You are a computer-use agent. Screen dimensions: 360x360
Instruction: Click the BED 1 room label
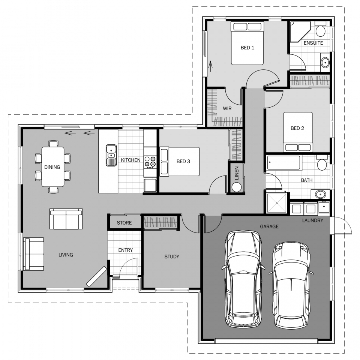click(247, 48)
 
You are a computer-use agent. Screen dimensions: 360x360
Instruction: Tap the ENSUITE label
click(313, 43)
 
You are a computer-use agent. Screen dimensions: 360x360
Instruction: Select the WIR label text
click(227, 108)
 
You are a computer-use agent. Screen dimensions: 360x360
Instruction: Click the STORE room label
click(124, 223)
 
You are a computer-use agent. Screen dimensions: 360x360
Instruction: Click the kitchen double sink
click(111, 155)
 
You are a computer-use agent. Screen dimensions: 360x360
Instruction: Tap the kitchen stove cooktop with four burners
click(150, 162)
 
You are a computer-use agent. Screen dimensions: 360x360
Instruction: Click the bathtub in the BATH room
click(284, 163)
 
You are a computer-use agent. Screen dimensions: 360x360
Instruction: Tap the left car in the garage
click(243, 279)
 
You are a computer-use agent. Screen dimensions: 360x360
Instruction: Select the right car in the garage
click(292, 284)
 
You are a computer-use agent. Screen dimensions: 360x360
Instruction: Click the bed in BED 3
click(180, 162)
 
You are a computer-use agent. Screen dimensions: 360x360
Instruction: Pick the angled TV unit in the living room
click(97, 277)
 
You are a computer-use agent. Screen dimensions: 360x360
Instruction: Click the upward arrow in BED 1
click(210, 66)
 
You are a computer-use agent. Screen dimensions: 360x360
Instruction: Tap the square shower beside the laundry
click(276, 202)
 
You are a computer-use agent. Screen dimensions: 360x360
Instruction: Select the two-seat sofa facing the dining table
click(66, 219)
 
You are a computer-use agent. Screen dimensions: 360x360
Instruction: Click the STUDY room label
click(172, 257)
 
